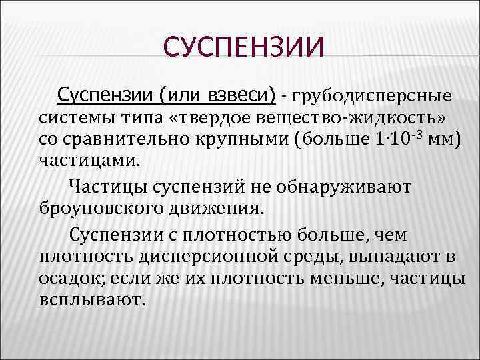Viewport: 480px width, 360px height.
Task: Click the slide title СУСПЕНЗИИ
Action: pos(243,48)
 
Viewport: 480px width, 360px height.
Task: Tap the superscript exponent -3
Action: pos(417,136)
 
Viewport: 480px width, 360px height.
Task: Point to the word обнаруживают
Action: pos(341,187)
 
